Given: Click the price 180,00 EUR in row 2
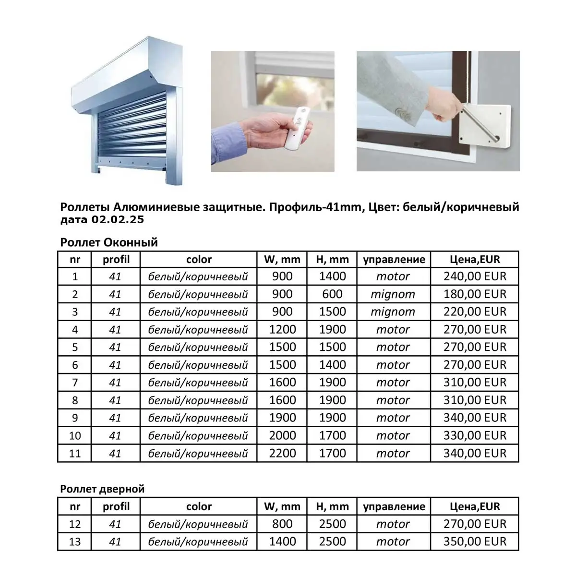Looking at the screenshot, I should (475, 294).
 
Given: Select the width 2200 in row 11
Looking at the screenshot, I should (282, 453).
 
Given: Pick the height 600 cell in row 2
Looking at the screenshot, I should (332, 294).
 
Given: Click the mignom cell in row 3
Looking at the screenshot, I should (393, 312).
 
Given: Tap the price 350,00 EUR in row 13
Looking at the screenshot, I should (475, 541).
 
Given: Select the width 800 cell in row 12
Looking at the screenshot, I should (282, 524).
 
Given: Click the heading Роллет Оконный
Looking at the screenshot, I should (109, 242).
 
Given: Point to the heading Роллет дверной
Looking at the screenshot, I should (102, 489).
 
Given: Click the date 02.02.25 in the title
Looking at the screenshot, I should (116, 220).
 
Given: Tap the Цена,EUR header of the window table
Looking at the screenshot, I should (475, 259).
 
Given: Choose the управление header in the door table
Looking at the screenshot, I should (394, 506).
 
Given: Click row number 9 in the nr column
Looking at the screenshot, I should (75, 418).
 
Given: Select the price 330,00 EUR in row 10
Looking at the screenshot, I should (475, 435).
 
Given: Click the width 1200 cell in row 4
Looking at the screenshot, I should (282, 329).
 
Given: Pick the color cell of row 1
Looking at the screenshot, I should (198, 276).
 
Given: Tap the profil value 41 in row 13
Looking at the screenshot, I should (115, 541).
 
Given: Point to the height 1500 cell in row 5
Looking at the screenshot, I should (332, 347).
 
